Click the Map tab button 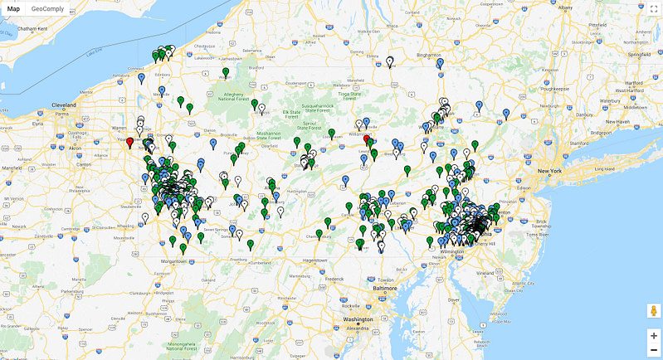coord(13,8)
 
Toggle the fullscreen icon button coord(654,9)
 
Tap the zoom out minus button coord(654,350)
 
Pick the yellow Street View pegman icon coord(654,311)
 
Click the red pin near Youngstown coord(129,143)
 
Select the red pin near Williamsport coord(367,140)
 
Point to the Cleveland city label coord(64,106)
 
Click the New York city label coord(550,171)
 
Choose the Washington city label coord(358,319)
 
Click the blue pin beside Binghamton coord(440,63)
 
